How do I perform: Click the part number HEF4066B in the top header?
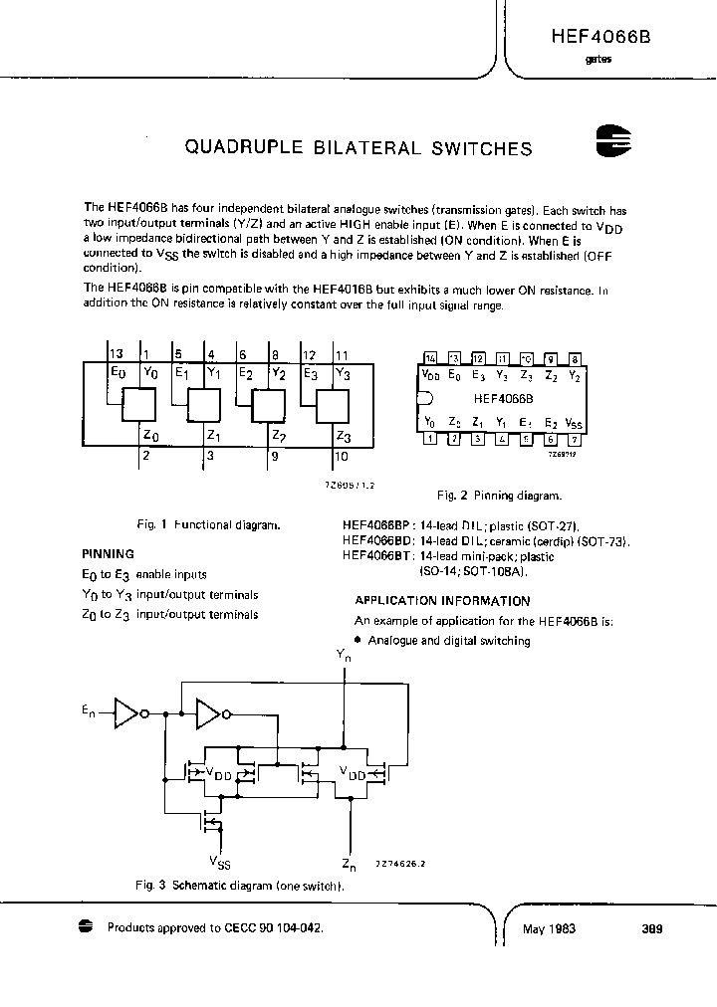[600, 35]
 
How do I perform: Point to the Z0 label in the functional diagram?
[149, 435]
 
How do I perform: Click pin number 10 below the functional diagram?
[342, 458]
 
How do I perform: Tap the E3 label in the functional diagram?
[309, 374]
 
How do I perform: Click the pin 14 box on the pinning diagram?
[430, 358]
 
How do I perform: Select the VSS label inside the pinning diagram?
[575, 422]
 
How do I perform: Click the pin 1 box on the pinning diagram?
[430, 438]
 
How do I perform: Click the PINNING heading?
[108, 554]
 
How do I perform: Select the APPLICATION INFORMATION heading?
[442, 601]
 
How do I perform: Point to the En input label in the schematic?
[89, 710]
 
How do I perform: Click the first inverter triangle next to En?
[126, 711]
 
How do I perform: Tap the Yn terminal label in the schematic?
[345, 656]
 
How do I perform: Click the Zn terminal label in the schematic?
[348, 864]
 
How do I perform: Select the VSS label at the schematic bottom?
[221, 860]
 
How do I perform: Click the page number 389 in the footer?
[652, 929]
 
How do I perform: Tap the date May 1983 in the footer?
[549, 929]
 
